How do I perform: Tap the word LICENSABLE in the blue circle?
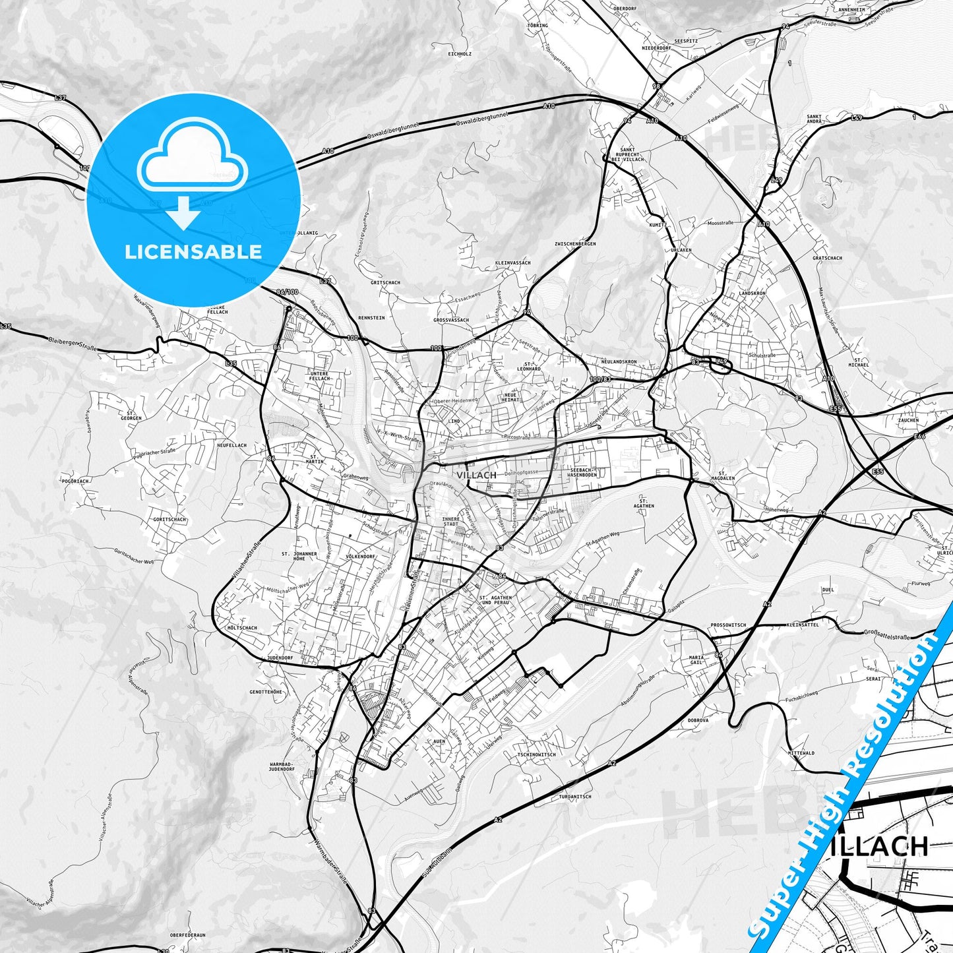(x=193, y=251)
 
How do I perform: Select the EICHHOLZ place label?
(x=459, y=54)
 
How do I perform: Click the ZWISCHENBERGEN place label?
(x=575, y=244)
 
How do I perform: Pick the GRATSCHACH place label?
(x=827, y=259)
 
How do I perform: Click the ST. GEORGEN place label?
(x=131, y=415)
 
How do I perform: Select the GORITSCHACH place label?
(x=169, y=520)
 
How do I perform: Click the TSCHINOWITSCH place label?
(x=536, y=754)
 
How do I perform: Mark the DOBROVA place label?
(x=698, y=720)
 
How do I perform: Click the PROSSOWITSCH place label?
(x=728, y=625)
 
